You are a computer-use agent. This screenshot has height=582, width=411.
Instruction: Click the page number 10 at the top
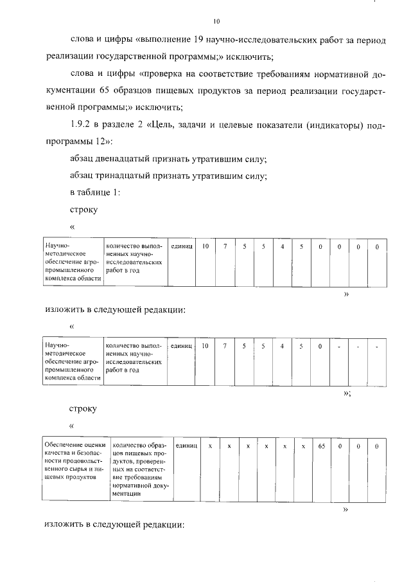pyautogui.click(x=216, y=21)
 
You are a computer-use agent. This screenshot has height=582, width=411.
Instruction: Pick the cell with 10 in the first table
pyautogui.click(x=205, y=247)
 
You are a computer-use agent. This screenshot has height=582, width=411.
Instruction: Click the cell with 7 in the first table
pyautogui.click(x=225, y=247)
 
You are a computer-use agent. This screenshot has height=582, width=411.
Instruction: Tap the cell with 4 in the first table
pyautogui.click(x=282, y=247)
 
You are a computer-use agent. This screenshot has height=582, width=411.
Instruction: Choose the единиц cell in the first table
pyautogui.click(x=182, y=247)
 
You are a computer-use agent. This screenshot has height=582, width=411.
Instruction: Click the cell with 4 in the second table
pyautogui.click(x=282, y=347)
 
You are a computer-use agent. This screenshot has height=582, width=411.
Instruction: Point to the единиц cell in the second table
pyautogui.click(x=182, y=347)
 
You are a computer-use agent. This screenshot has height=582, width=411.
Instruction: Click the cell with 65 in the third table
pyautogui.click(x=322, y=446)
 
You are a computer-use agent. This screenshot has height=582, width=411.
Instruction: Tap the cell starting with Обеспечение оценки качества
pyautogui.click(x=74, y=460)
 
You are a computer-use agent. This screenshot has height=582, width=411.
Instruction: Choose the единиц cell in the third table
pyautogui.click(x=186, y=446)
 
